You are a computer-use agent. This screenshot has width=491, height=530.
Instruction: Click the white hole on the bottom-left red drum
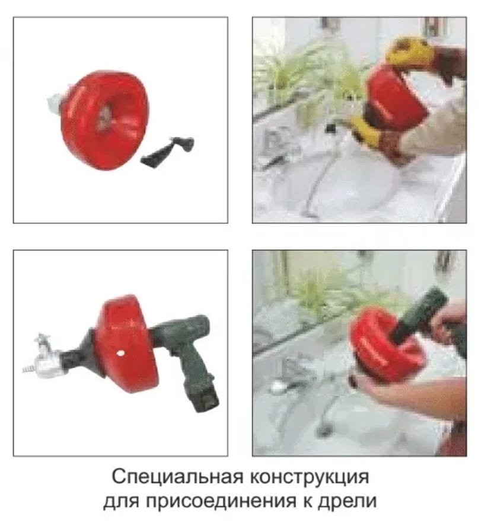120,354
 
